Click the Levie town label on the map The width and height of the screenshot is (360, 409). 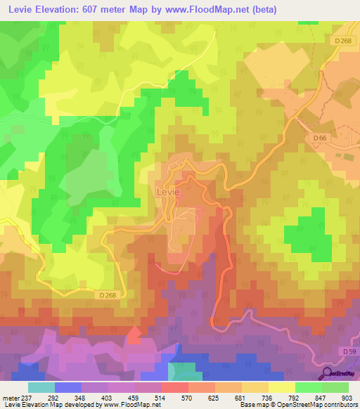click(167, 191)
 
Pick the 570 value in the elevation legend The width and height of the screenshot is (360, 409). click(174, 397)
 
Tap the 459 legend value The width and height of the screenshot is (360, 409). click(122, 397)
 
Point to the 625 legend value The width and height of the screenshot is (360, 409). click(202, 397)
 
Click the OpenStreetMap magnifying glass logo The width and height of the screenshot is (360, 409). click(328, 373)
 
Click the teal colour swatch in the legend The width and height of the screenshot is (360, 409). click(41, 387)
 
